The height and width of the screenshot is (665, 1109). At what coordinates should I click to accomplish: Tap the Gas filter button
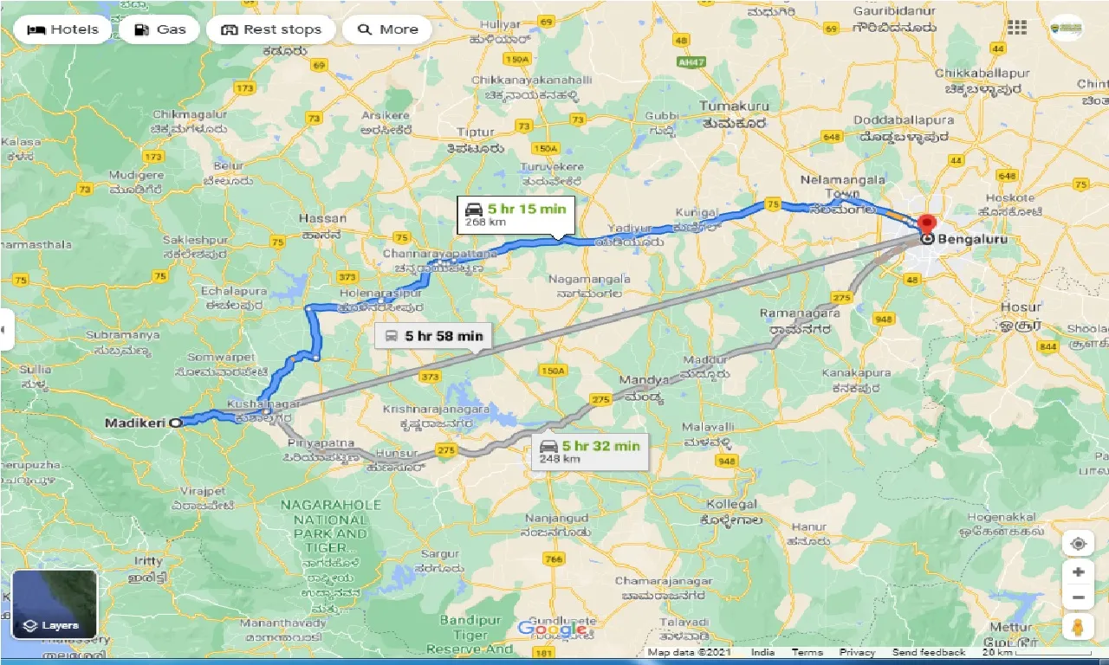159,29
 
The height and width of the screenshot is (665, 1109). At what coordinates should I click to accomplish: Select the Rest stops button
271,29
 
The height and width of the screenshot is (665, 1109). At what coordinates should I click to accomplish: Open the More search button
389,29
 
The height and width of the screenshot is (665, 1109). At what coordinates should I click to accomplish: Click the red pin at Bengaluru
928,223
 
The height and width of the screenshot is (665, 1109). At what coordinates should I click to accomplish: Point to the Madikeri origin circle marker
176,423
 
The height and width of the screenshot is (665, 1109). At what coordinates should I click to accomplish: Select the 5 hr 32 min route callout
589,452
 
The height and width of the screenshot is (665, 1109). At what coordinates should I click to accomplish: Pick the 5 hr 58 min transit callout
434,336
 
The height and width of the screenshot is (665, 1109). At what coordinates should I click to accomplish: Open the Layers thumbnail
55,604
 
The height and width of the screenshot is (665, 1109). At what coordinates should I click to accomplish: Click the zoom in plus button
1078,572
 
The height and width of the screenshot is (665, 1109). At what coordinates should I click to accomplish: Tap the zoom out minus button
1078,597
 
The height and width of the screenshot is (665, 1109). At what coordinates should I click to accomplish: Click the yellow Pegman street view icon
1078,626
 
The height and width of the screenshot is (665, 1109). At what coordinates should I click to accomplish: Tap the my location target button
1078,544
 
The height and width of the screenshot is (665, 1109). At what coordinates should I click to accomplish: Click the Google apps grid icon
1017,28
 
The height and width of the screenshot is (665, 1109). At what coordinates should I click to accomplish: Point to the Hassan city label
321,218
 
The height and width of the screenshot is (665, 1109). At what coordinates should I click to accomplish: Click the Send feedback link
929,652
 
